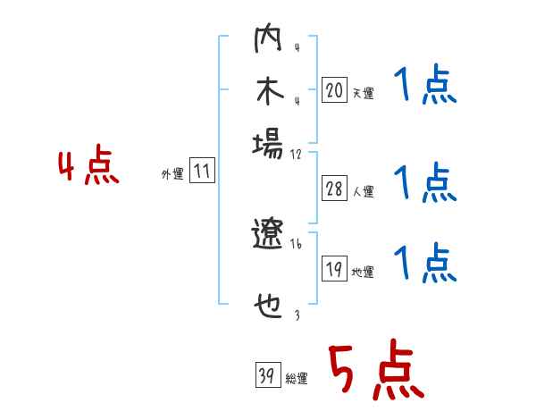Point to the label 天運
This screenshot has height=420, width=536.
point(363,93)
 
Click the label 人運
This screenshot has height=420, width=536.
point(363,191)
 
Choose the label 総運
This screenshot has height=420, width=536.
point(296,379)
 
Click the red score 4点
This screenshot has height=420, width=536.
point(88,168)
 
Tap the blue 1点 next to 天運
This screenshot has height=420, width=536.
point(425,88)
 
